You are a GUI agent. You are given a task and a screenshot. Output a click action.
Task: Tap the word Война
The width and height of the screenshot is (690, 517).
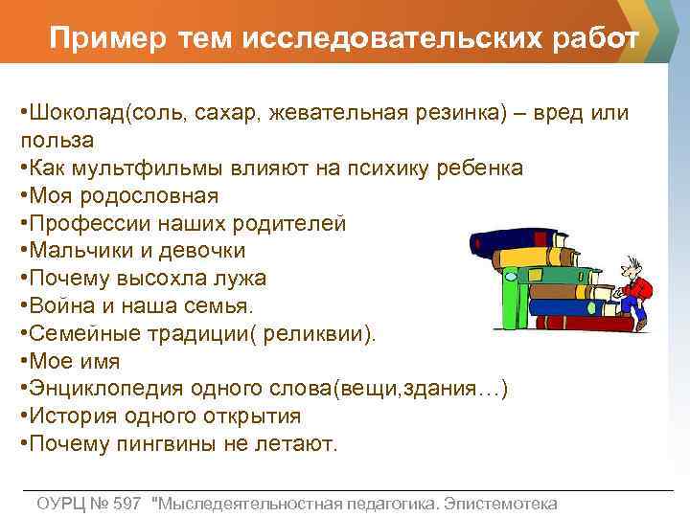[x=60, y=306]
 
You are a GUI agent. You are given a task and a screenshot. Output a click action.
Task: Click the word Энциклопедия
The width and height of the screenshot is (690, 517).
[x=105, y=390]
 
